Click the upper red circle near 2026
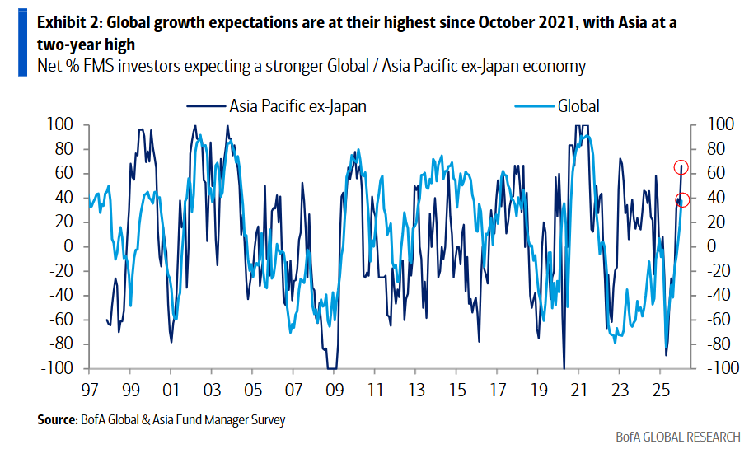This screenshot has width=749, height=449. (681, 167)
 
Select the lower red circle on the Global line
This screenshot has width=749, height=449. (682, 199)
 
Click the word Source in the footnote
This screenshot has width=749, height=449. (56, 420)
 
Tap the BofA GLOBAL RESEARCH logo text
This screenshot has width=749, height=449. (676, 436)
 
